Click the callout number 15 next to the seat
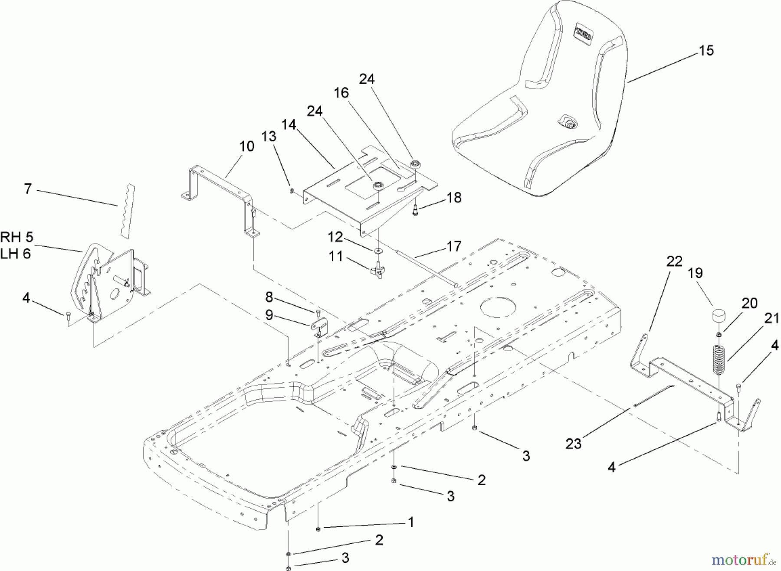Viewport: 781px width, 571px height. tap(706, 51)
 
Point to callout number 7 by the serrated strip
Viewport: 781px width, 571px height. tap(28, 189)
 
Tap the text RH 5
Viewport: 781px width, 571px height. tap(16, 237)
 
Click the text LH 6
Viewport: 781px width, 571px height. tap(16, 254)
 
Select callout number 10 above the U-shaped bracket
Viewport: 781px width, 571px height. tap(246, 146)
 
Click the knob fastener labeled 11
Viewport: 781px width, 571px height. tap(377, 271)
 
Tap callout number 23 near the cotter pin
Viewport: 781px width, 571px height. tap(573, 444)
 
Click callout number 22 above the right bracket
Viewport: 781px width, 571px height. tap(675, 261)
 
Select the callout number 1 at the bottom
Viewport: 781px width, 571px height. tap(410, 522)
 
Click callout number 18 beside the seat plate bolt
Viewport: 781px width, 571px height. tap(454, 198)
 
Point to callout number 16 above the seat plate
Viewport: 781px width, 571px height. tap(341, 93)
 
